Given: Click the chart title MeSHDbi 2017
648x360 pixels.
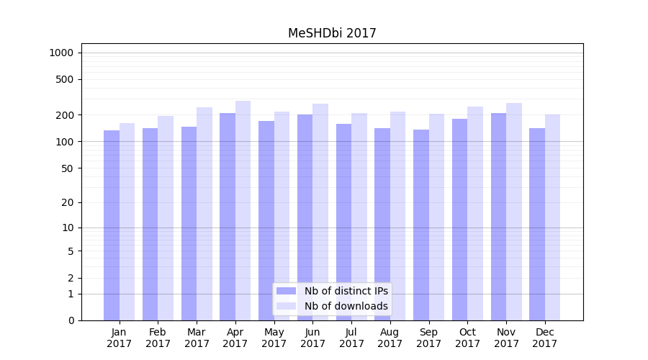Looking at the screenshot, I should pos(332,33).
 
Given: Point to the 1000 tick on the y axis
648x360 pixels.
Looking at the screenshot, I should pos(61,53).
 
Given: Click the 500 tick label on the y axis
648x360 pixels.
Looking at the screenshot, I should pos(65,79).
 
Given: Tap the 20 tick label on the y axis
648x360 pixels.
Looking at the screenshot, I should pos(68,202).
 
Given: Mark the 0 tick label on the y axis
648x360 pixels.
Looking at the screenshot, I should pos(71,320).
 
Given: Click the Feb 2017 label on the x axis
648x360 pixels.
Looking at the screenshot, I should pos(158,338).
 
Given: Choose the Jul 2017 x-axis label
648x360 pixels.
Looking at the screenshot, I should pos(351,338).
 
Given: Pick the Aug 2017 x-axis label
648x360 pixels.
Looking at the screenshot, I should pos(390,338).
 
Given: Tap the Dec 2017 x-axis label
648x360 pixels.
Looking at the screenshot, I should pos(545,338).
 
